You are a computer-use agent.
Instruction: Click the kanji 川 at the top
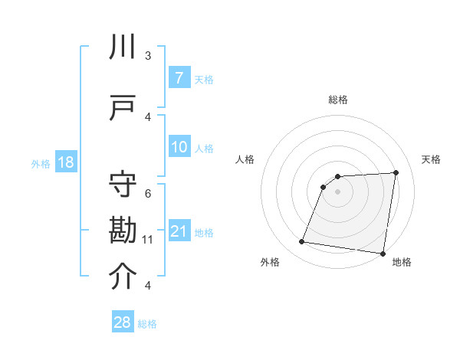(x=123, y=48)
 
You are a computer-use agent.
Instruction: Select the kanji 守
(x=123, y=186)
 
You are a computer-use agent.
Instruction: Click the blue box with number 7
(x=179, y=78)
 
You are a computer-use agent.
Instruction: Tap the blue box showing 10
(x=179, y=147)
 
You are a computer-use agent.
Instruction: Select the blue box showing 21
(x=179, y=231)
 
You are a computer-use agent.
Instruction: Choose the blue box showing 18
(x=65, y=162)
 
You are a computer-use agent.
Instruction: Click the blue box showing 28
(x=123, y=322)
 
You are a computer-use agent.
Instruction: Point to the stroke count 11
(x=148, y=240)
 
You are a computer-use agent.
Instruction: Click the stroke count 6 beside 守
(x=148, y=193)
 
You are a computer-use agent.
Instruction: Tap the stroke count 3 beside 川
(x=148, y=56)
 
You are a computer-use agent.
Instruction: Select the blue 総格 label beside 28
(x=147, y=324)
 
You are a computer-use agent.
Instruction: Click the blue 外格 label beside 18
(x=40, y=163)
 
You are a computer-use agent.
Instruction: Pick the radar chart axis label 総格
(x=337, y=100)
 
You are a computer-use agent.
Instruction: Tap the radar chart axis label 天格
(x=431, y=159)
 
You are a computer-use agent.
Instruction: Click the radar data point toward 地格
(x=383, y=254)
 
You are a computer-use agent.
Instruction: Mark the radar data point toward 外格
(x=302, y=242)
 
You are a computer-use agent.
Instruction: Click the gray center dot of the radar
(x=337, y=191)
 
